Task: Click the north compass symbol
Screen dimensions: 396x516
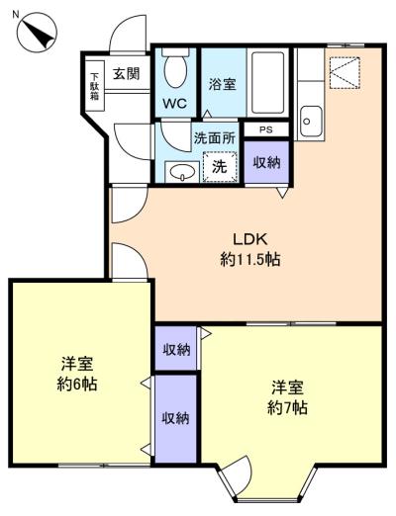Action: coord(38,32)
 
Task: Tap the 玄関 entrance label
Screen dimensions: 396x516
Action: coord(127,74)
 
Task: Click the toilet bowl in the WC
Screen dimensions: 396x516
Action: coord(175,69)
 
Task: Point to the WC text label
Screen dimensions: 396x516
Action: coord(175,104)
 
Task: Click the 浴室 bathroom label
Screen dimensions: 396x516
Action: coord(222,84)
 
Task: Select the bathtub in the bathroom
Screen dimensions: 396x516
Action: coord(267,82)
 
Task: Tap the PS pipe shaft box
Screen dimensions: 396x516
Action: coord(266,129)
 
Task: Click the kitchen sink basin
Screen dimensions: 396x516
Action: coord(311,122)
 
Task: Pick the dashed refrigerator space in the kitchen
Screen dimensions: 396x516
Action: coord(345,73)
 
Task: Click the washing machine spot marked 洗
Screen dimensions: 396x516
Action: coord(220,167)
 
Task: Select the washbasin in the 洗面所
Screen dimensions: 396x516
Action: coord(182,172)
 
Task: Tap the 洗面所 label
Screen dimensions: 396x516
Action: coord(214,138)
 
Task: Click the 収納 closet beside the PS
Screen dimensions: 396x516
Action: coord(266,162)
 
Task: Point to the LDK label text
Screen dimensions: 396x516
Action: coord(249,239)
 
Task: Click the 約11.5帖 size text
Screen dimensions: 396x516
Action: coord(250,260)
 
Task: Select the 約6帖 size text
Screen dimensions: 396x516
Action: coord(77,385)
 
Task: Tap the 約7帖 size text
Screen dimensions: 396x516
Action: coord(287,408)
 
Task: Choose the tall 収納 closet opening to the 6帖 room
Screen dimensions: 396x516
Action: coord(175,418)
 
